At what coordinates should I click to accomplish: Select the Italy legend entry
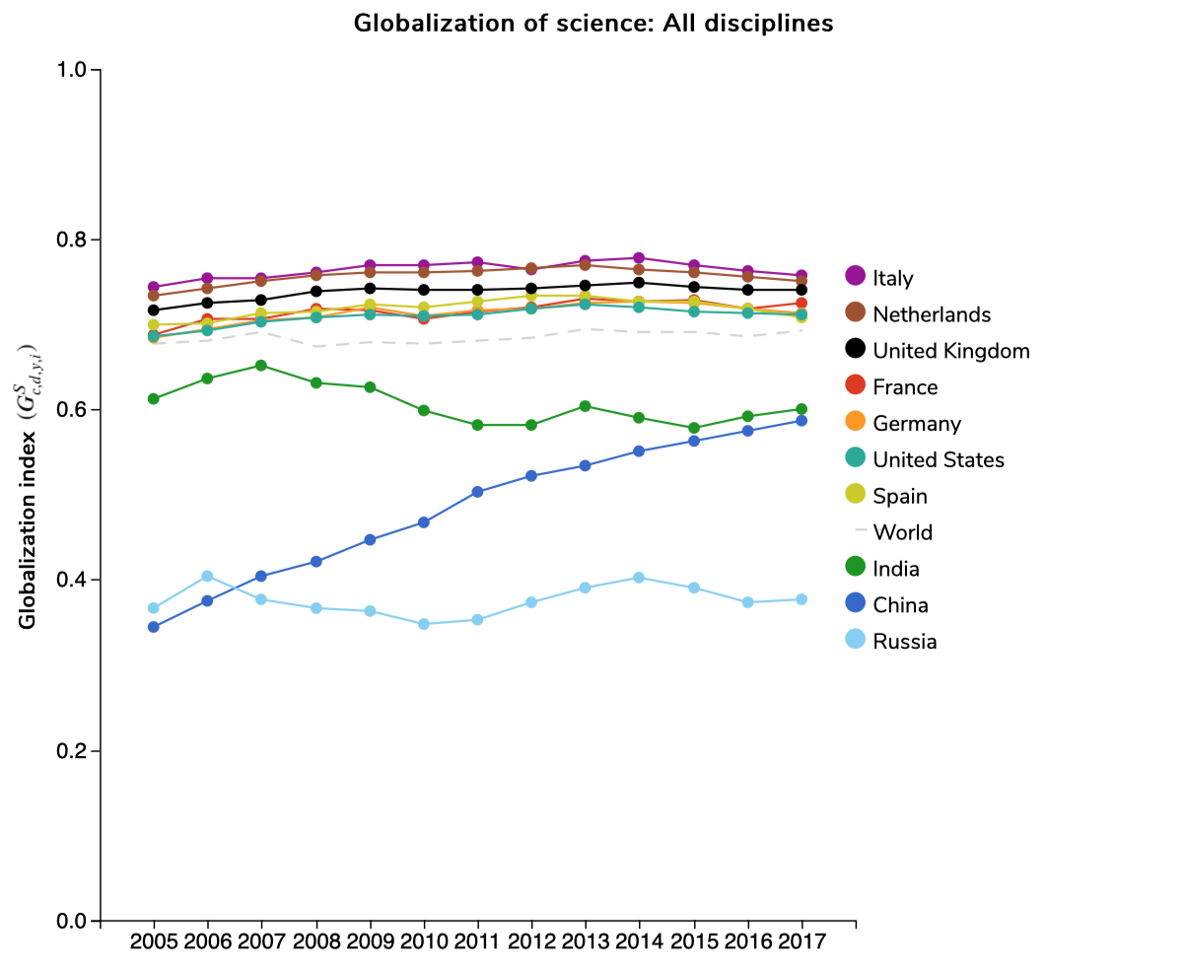coord(893,278)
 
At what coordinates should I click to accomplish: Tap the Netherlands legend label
coord(932,314)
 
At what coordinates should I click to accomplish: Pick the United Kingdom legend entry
coord(951,351)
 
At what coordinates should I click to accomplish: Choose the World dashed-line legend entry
coord(902,532)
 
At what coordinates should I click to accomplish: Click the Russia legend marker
coord(856,642)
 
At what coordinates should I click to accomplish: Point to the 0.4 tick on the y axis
coord(75,581)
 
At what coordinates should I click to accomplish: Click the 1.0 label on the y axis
coord(75,71)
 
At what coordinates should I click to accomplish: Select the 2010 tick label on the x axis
coord(424,942)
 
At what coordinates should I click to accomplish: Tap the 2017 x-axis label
coord(802,942)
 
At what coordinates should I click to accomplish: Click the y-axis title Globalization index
coord(29,488)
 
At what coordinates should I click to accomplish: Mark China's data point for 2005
coord(154,627)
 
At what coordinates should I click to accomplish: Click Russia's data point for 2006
coord(207,576)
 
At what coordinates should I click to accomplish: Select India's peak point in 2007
coord(261,366)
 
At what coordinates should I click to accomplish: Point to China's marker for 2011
coord(477,492)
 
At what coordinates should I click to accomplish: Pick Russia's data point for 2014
coord(639,578)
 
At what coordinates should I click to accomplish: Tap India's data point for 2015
coord(693,429)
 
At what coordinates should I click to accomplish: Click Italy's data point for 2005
coord(154,287)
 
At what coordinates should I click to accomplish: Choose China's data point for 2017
coord(802,421)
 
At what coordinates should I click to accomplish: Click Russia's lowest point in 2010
coord(424,624)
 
